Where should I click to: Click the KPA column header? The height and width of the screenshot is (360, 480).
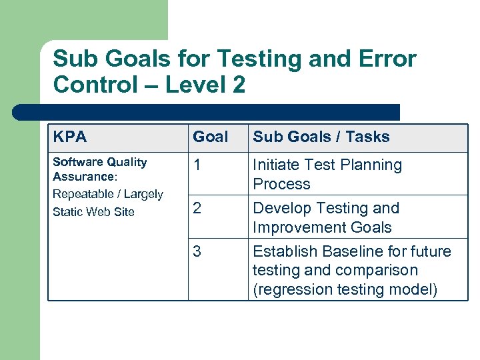pos(69,137)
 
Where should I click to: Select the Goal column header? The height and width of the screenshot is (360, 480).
pos(210,137)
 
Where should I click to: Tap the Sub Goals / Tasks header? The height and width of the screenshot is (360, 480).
pos(321,137)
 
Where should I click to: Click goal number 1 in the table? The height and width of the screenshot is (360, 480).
pos(197,165)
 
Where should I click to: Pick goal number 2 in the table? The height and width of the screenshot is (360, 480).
pos(197,208)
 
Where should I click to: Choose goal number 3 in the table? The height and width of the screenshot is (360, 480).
pos(197,251)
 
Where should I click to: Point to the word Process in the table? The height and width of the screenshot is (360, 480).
pos(281,184)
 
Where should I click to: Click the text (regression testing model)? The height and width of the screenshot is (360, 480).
pos(345,290)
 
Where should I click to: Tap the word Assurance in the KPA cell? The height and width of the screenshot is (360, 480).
pos(83,177)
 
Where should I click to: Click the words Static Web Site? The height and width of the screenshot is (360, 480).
pos(93,212)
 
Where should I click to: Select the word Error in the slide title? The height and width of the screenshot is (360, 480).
pos(389,59)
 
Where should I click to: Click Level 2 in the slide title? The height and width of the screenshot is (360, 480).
pos(205,85)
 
